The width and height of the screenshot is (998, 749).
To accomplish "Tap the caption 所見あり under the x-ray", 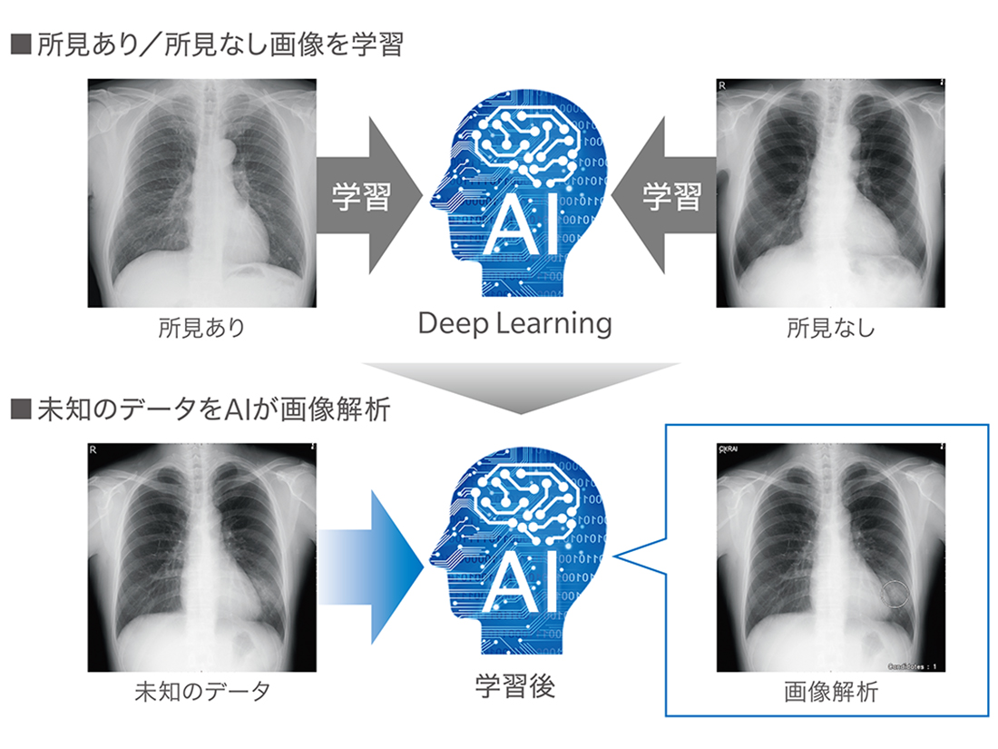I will click(201, 328).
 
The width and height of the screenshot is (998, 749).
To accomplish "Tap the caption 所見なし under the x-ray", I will click(830, 328).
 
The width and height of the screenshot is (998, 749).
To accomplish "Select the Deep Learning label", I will click(514, 323).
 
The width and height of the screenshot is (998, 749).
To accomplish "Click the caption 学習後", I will click(514, 686).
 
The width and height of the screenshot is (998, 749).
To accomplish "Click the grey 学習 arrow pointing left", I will click(667, 197).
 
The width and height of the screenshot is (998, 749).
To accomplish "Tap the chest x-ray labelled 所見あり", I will click(201, 192).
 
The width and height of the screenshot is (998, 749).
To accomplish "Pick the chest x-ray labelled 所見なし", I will click(830, 192).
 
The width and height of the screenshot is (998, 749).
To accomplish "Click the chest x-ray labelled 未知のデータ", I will click(201, 557).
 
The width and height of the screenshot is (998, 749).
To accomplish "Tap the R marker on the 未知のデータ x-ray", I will click(95, 450).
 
